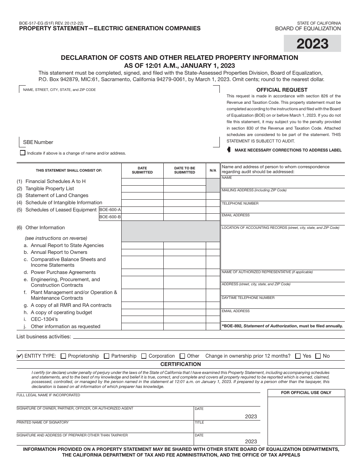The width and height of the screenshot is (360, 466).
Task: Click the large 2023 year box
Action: (x=312, y=44)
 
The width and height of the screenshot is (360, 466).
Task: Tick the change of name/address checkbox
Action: (x=23, y=153)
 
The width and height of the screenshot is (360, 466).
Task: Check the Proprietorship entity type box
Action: (x=63, y=356)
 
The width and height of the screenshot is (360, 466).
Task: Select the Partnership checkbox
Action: (x=106, y=356)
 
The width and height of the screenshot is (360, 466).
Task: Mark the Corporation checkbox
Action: (x=144, y=356)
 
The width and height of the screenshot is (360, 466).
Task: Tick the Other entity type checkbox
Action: (x=182, y=356)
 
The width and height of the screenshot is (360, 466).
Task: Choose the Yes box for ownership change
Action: (x=298, y=356)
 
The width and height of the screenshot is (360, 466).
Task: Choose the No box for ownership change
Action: (x=318, y=356)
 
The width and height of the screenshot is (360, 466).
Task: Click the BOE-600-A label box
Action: (x=110, y=210)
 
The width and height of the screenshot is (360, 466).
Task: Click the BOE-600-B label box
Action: (x=110, y=217)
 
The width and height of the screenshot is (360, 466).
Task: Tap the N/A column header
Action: (x=213, y=170)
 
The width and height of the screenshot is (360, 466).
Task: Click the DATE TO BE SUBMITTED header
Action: (x=185, y=170)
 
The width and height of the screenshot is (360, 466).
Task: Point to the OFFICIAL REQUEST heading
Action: (x=282, y=90)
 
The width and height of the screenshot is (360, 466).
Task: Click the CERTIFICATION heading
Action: (x=180, y=364)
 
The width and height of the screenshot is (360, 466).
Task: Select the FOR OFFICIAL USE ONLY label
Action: (x=306, y=393)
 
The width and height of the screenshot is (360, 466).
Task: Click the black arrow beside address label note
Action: (x=229, y=150)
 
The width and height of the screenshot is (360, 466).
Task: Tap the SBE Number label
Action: (x=38, y=142)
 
